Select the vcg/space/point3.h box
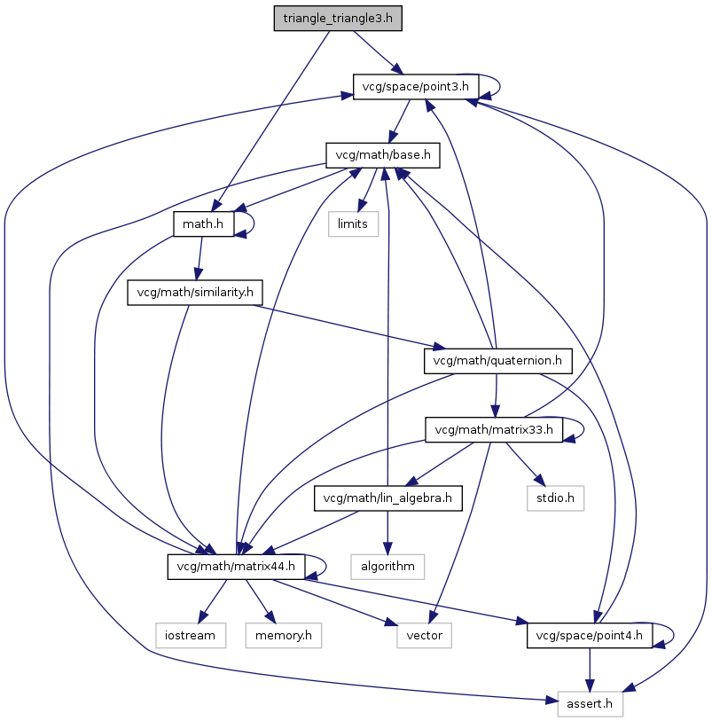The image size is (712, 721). pyautogui.click(x=417, y=87)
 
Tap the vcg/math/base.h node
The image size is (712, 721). pyautogui.click(x=383, y=155)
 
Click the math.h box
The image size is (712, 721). pyautogui.click(x=203, y=223)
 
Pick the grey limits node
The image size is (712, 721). pyautogui.click(x=353, y=223)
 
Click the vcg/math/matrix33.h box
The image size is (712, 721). pyautogui.click(x=494, y=430)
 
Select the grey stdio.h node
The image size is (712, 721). pyautogui.click(x=557, y=498)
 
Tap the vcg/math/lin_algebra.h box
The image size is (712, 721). pyautogui.click(x=388, y=498)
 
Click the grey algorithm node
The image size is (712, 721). pyautogui.click(x=387, y=566)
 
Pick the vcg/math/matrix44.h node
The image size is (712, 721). pyautogui.click(x=237, y=566)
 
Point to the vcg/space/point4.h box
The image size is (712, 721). pyautogui.click(x=590, y=635)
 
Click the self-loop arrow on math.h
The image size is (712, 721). pyautogui.click(x=254, y=223)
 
